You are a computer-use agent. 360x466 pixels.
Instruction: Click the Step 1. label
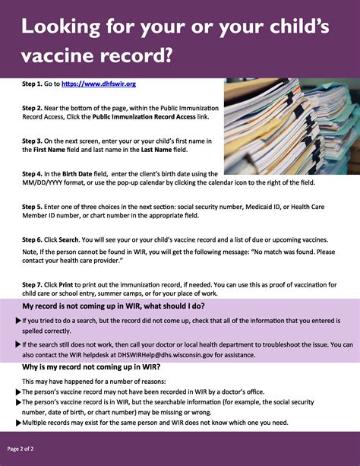(x=35, y=84)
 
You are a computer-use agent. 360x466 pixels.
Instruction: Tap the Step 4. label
(x=35, y=174)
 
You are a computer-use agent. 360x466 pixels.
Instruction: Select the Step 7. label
(x=35, y=284)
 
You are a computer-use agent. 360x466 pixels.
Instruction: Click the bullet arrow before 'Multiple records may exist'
(x=18, y=423)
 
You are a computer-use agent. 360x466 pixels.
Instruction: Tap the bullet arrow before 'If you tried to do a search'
(x=18, y=322)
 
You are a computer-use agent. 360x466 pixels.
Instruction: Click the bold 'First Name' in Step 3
(x=45, y=151)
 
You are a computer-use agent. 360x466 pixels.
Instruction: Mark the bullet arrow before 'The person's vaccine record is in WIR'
(x=18, y=402)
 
